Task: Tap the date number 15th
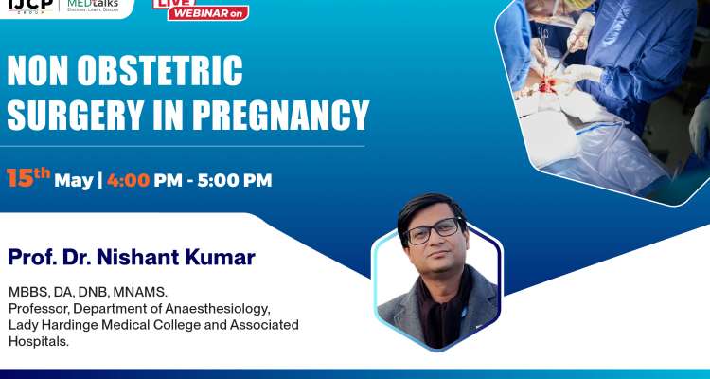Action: pyautogui.click(x=28, y=177)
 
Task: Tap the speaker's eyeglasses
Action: pyautogui.click(x=433, y=230)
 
